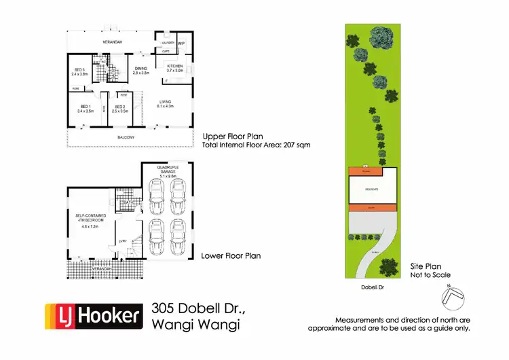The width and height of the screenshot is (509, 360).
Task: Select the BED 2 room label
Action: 119,107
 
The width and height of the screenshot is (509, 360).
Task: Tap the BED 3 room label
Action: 79,70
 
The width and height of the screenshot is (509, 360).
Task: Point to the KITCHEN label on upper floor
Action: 175,65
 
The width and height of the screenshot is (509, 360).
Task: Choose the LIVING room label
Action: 165,103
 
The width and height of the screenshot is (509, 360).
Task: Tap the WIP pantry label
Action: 181,43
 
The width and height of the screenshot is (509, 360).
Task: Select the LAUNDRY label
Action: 167,43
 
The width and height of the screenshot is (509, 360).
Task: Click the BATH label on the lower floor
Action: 127,202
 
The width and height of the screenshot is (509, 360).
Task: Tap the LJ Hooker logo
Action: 94,316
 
